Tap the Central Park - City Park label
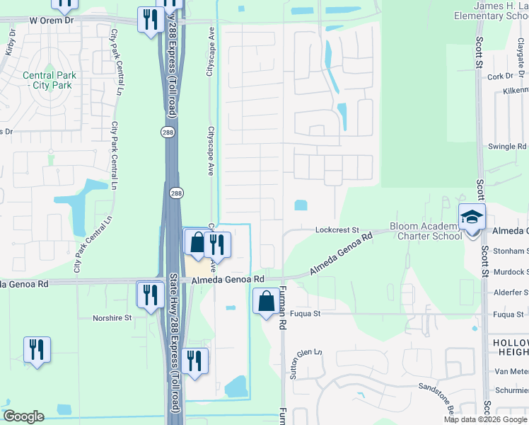tap(47, 80)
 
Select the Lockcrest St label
tap(338, 230)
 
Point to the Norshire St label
tap(112, 319)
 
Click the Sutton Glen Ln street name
tap(306, 362)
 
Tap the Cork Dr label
tap(500, 76)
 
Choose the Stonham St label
tap(510, 251)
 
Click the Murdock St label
tap(511, 271)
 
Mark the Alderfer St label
tap(511, 292)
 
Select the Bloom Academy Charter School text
tap(426, 231)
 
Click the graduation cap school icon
tap(472, 217)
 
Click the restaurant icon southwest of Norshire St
tap(36, 349)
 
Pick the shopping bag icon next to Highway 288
tap(196, 242)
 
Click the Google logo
tap(23, 416)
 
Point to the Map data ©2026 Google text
tap(485, 419)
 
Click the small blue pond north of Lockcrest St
tap(301, 205)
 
